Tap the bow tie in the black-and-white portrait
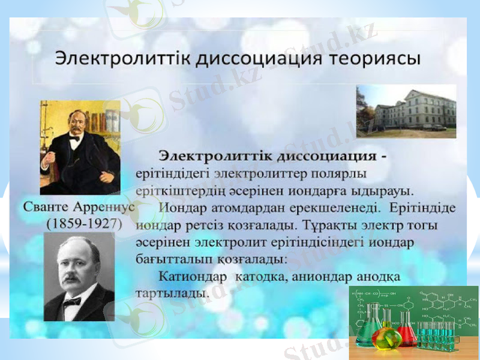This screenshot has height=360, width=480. pos(73,299)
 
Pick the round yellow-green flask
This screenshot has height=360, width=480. pos(383,339)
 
